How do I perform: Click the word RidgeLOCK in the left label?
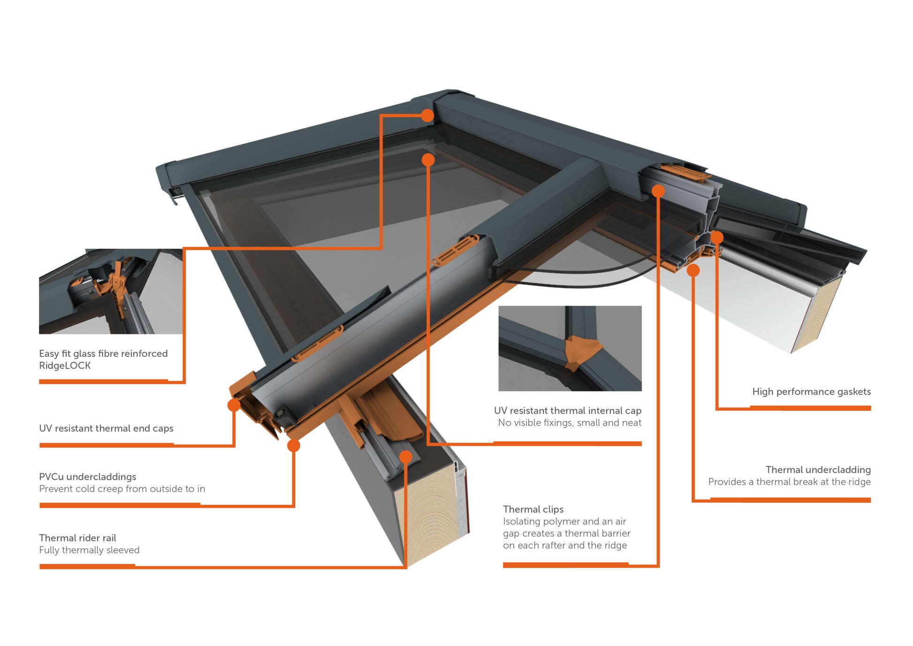(x=65, y=366)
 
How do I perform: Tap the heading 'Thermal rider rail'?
(x=77, y=538)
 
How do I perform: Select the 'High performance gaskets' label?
(x=811, y=392)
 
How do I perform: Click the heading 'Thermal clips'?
(x=533, y=509)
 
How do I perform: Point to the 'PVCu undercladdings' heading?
(x=88, y=477)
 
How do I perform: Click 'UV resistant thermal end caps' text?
(x=106, y=428)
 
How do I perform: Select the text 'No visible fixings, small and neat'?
(x=569, y=423)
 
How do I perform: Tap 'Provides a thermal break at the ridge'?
(x=789, y=482)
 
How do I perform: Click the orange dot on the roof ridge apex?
(x=427, y=115)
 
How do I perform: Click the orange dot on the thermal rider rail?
(x=405, y=457)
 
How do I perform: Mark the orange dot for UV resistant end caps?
(x=234, y=405)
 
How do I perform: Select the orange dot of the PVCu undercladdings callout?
(x=294, y=446)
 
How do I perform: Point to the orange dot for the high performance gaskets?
(x=717, y=238)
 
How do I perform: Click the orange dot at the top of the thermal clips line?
(x=658, y=191)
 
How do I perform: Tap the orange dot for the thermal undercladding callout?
(x=693, y=270)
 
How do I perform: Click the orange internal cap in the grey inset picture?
(x=580, y=352)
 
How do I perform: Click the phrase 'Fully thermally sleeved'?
(x=89, y=550)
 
